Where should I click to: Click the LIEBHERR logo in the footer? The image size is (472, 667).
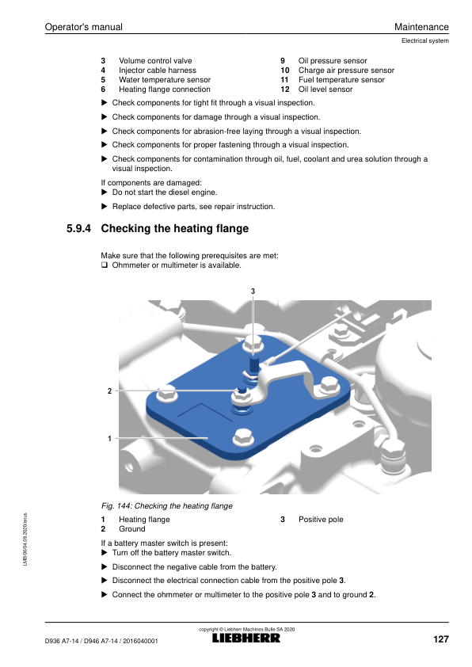click(x=246, y=638)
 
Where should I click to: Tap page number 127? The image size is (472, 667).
click(x=441, y=639)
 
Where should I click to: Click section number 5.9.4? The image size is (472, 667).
click(x=78, y=228)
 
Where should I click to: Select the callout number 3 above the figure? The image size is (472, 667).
click(x=253, y=292)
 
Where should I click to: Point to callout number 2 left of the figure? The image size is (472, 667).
click(x=110, y=391)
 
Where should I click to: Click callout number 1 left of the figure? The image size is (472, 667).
click(x=110, y=438)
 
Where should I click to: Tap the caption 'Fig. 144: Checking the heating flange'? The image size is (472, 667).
click(x=166, y=505)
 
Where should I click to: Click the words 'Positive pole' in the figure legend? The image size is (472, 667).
click(x=321, y=520)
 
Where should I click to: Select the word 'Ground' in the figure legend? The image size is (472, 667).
click(x=131, y=528)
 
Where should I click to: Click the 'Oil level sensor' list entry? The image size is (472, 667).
click(x=325, y=90)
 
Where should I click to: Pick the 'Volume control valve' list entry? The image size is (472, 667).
click(x=155, y=61)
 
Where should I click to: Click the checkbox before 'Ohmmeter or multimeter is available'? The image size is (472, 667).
click(x=105, y=265)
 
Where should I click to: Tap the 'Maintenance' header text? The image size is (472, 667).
click(x=421, y=27)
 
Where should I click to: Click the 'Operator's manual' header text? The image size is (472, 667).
click(x=84, y=27)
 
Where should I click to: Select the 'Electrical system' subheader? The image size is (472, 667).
click(x=424, y=41)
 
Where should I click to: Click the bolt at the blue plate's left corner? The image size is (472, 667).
click(x=167, y=394)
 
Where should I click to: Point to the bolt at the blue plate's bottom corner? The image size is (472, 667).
click(x=243, y=436)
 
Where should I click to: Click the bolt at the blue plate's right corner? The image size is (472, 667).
click(x=329, y=385)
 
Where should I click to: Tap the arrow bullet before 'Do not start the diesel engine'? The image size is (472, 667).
click(x=105, y=192)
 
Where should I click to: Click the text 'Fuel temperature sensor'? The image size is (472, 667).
click(x=341, y=80)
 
